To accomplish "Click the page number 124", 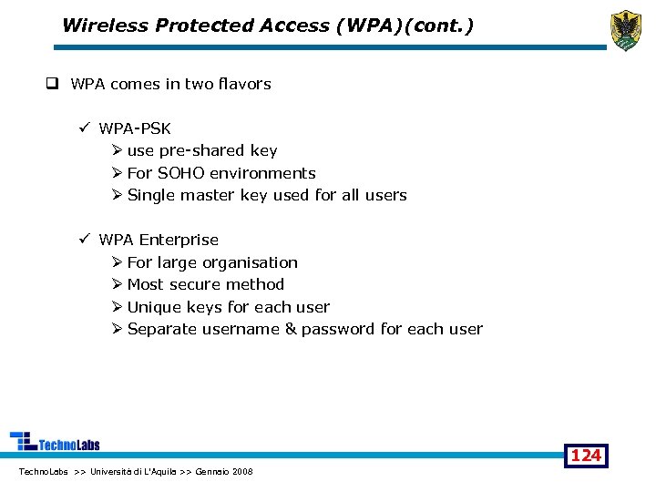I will pos(586,455).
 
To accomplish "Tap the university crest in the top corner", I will pos(625,30).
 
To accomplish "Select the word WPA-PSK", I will pos(135,128).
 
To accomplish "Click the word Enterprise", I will pos(179,240).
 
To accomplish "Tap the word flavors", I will pos(241,84).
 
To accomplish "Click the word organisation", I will pos(250,262).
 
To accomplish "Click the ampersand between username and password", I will pos(291,329).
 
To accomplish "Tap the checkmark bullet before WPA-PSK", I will pos(83,128).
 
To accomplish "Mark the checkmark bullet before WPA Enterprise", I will pos(83,240).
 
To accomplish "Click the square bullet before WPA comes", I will pos(53,84).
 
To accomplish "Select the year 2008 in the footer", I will pos(242,471).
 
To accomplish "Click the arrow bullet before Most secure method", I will pos(117,284).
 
